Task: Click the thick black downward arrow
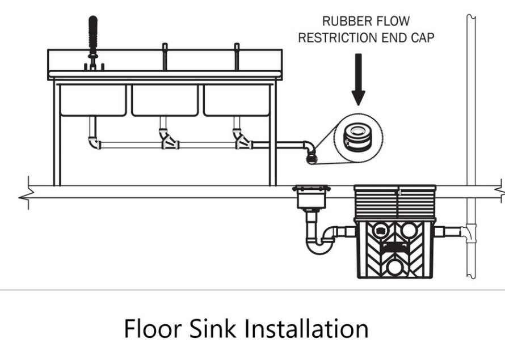tap(358, 80)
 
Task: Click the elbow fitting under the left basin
tap(94, 142)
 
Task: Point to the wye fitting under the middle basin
tap(168, 140)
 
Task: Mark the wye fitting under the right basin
tap(242, 140)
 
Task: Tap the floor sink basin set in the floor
tap(310, 198)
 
